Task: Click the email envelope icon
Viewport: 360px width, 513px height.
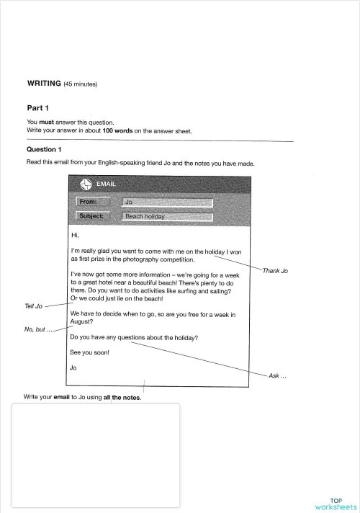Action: (x=85, y=184)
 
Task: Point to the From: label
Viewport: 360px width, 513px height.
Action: (x=93, y=202)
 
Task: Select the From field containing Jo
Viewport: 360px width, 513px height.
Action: (x=167, y=202)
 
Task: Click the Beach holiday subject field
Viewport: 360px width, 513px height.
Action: (x=167, y=216)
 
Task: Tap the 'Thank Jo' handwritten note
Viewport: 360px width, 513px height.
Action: (x=275, y=271)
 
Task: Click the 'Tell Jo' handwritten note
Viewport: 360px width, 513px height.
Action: (x=34, y=306)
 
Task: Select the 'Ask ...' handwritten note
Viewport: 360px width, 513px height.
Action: (x=277, y=376)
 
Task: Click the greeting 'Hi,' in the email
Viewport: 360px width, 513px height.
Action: (x=74, y=235)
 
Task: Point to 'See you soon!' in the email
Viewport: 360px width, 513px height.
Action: (x=89, y=352)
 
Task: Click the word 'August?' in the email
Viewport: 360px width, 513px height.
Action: (x=81, y=322)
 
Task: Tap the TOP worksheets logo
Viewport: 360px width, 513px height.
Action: (x=336, y=504)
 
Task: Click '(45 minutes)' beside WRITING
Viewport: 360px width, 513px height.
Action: (x=81, y=84)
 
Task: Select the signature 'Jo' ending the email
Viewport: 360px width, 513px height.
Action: (x=73, y=367)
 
